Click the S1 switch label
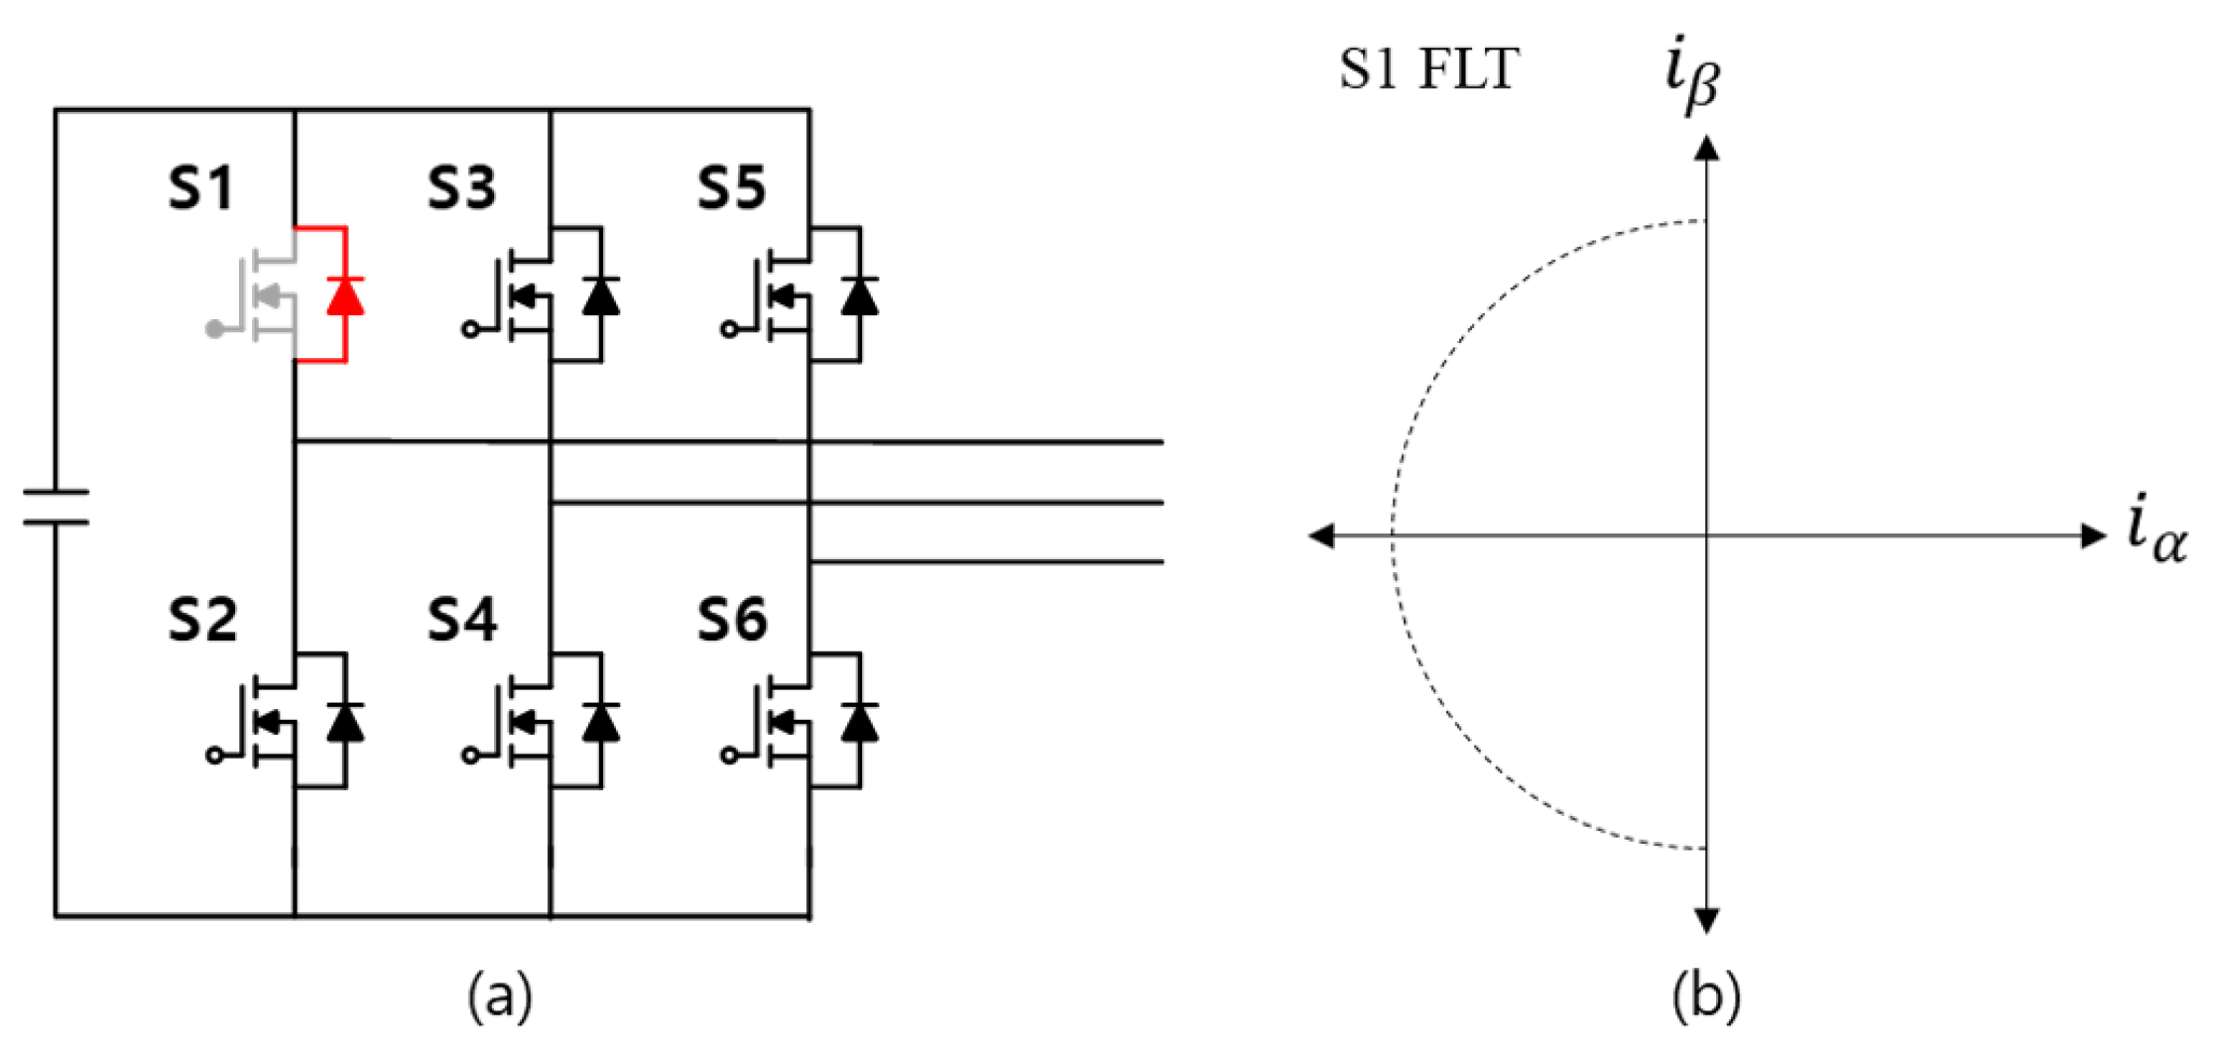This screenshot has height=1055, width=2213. tap(201, 187)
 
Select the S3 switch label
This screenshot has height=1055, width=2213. tap(461, 187)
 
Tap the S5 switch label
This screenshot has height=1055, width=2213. tap(731, 187)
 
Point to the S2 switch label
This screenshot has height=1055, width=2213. tap(202, 620)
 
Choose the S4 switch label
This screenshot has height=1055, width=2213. tap(462, 620)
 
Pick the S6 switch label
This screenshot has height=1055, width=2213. tap(732, 620)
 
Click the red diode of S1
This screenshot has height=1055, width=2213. tap(345, 295)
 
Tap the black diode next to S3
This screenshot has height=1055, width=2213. tap(601, 295)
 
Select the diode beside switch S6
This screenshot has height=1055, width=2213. tap(859, 722)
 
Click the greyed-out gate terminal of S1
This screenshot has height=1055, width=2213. tap(213, 329)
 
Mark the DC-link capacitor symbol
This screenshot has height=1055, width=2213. tap(56, 506)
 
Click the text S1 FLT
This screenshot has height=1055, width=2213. tap(1428, 69)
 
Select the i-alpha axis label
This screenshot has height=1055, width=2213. tap(2156, 533)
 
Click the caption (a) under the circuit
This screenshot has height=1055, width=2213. tap(500, 996)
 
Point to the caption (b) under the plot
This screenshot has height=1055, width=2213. tap(1706, 996)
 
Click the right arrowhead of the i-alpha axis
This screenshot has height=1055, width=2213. tap(2093, 536)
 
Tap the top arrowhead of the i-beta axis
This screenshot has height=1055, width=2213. tap(1706, 149)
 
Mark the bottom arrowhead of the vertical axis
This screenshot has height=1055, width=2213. tap(1706, 921)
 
